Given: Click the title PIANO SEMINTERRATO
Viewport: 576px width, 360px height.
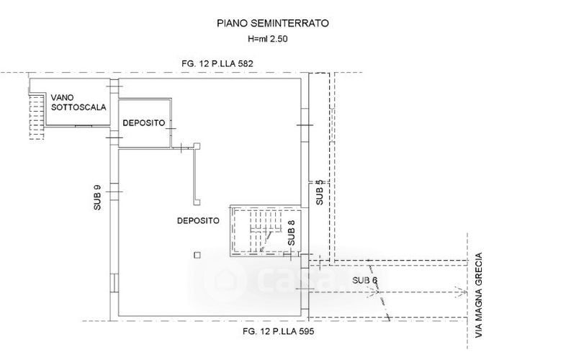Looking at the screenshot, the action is [x=273, y=24].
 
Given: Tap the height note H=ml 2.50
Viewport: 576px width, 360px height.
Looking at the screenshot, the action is [x=267, y=39].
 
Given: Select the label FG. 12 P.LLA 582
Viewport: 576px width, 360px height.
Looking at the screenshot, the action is [x=217, y=63].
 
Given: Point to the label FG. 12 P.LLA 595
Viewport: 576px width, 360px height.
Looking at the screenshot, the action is [x=279, y=331].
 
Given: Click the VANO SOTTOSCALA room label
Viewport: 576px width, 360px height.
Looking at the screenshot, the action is [x=78, y=102].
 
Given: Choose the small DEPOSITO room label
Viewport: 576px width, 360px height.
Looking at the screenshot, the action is [x=143, y=122].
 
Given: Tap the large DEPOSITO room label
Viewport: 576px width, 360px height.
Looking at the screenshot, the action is [x=199, y=221].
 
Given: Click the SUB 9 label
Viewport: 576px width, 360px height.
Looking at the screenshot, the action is [x=97, y=197].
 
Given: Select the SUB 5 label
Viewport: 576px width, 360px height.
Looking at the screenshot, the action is [x=320, y=192].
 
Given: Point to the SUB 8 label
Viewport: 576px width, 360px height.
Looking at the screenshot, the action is [x=292, y=233].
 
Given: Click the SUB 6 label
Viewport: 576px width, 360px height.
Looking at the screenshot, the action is [x=365, y=280].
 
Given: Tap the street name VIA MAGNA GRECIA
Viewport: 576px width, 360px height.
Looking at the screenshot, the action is [x=479, y=295].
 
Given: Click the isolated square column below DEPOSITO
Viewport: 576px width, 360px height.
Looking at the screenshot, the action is [x=197, y=255].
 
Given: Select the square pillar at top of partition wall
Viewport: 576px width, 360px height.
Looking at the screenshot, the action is [x=197, y=146].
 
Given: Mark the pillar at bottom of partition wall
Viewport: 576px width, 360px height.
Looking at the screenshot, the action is [x=197, y=202].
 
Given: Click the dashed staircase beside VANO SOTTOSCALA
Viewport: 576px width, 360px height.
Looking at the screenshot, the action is [x=37, y=116].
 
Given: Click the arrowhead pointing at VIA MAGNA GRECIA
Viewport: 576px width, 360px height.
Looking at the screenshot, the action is [x=464, y=292].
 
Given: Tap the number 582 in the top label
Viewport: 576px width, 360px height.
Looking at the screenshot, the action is [x=246, y=63].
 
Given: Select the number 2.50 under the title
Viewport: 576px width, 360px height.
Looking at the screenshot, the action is [x=279, y=39].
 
